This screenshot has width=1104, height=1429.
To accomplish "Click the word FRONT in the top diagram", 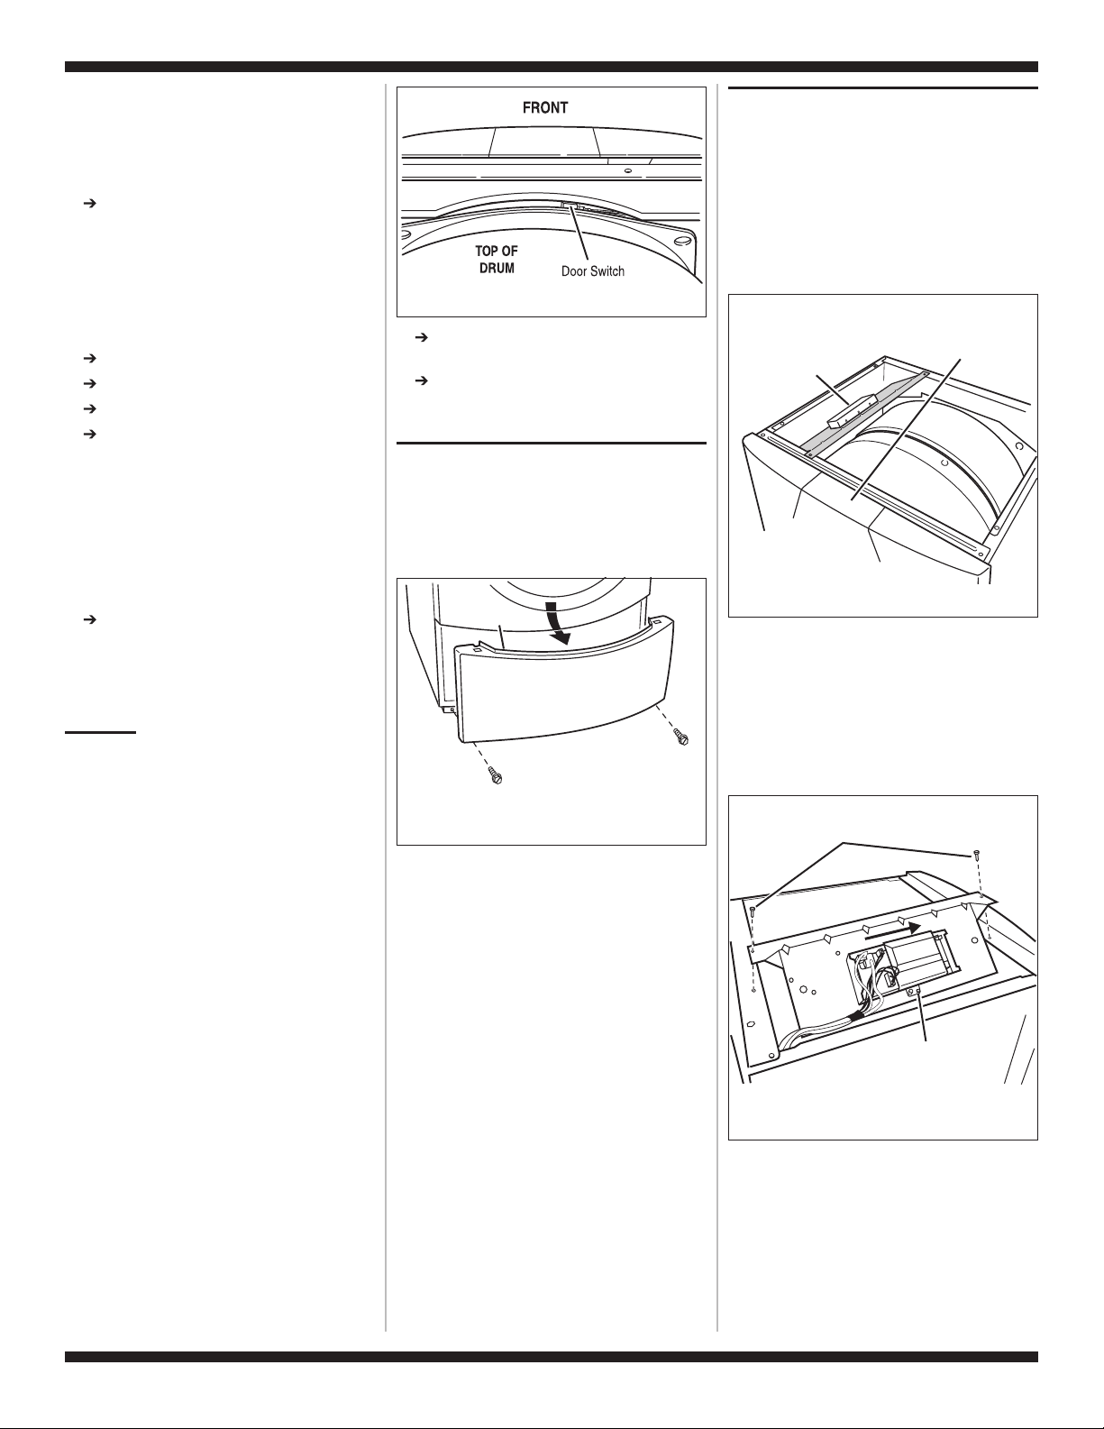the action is [544, 108].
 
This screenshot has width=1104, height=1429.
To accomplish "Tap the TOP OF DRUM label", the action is [497, 260].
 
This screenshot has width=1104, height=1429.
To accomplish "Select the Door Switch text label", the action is [593, 271].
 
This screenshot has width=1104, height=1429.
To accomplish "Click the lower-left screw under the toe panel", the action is [496, 775].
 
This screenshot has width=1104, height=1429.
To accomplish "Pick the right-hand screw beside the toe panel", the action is [680, 737].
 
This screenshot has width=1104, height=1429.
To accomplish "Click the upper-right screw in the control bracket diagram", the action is [974, 856].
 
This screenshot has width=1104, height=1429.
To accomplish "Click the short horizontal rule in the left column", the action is [101, 731].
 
